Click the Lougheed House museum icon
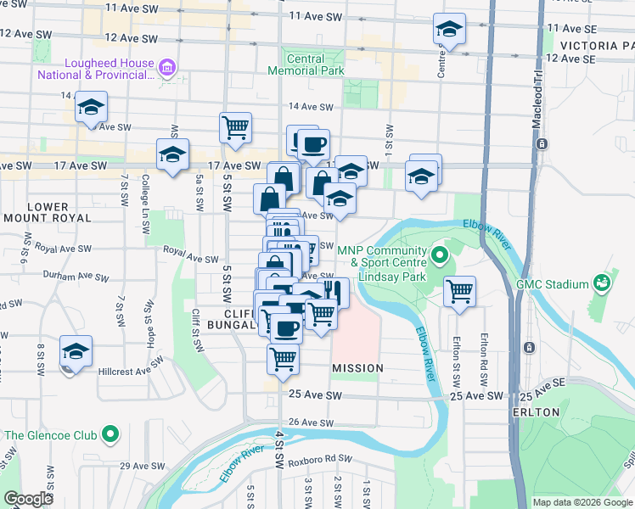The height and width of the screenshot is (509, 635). (x=167, y=67)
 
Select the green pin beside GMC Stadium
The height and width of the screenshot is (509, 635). (x=602, y=282)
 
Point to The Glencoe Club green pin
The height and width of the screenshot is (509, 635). (x=110, y=436)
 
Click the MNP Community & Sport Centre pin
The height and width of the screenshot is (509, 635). (x=439, y=255)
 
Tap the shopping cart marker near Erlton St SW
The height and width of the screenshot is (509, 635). (x=459, y=291)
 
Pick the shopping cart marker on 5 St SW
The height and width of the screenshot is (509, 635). (x=235, y=128)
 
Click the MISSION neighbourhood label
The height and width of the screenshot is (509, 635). (x=357, y=368)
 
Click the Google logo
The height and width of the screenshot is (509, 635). (x=28, y=499)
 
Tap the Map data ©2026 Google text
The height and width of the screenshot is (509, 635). (x=582, y=502)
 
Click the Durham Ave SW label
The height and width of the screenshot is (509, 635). (x=76, y=277)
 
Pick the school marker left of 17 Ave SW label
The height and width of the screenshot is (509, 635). (x=172, y=155)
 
